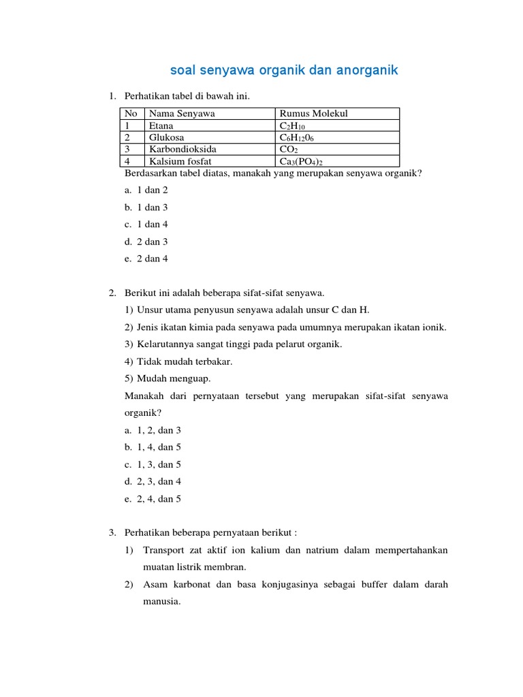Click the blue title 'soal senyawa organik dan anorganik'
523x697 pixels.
tap(283, 70)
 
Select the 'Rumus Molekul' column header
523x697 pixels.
tap(314, 114)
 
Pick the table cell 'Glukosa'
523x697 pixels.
tap(166, 137)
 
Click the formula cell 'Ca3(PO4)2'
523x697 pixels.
tap(301, 161)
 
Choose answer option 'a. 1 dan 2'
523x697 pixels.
tap(146, 190)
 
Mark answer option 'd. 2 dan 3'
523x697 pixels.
tap(146, 242)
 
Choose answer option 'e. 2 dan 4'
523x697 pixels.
tap(146, 259)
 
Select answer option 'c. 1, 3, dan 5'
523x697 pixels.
tap(153, 464)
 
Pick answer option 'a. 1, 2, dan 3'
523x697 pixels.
tap(153, 430)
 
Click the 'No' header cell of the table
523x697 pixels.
tap(131, 114)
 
